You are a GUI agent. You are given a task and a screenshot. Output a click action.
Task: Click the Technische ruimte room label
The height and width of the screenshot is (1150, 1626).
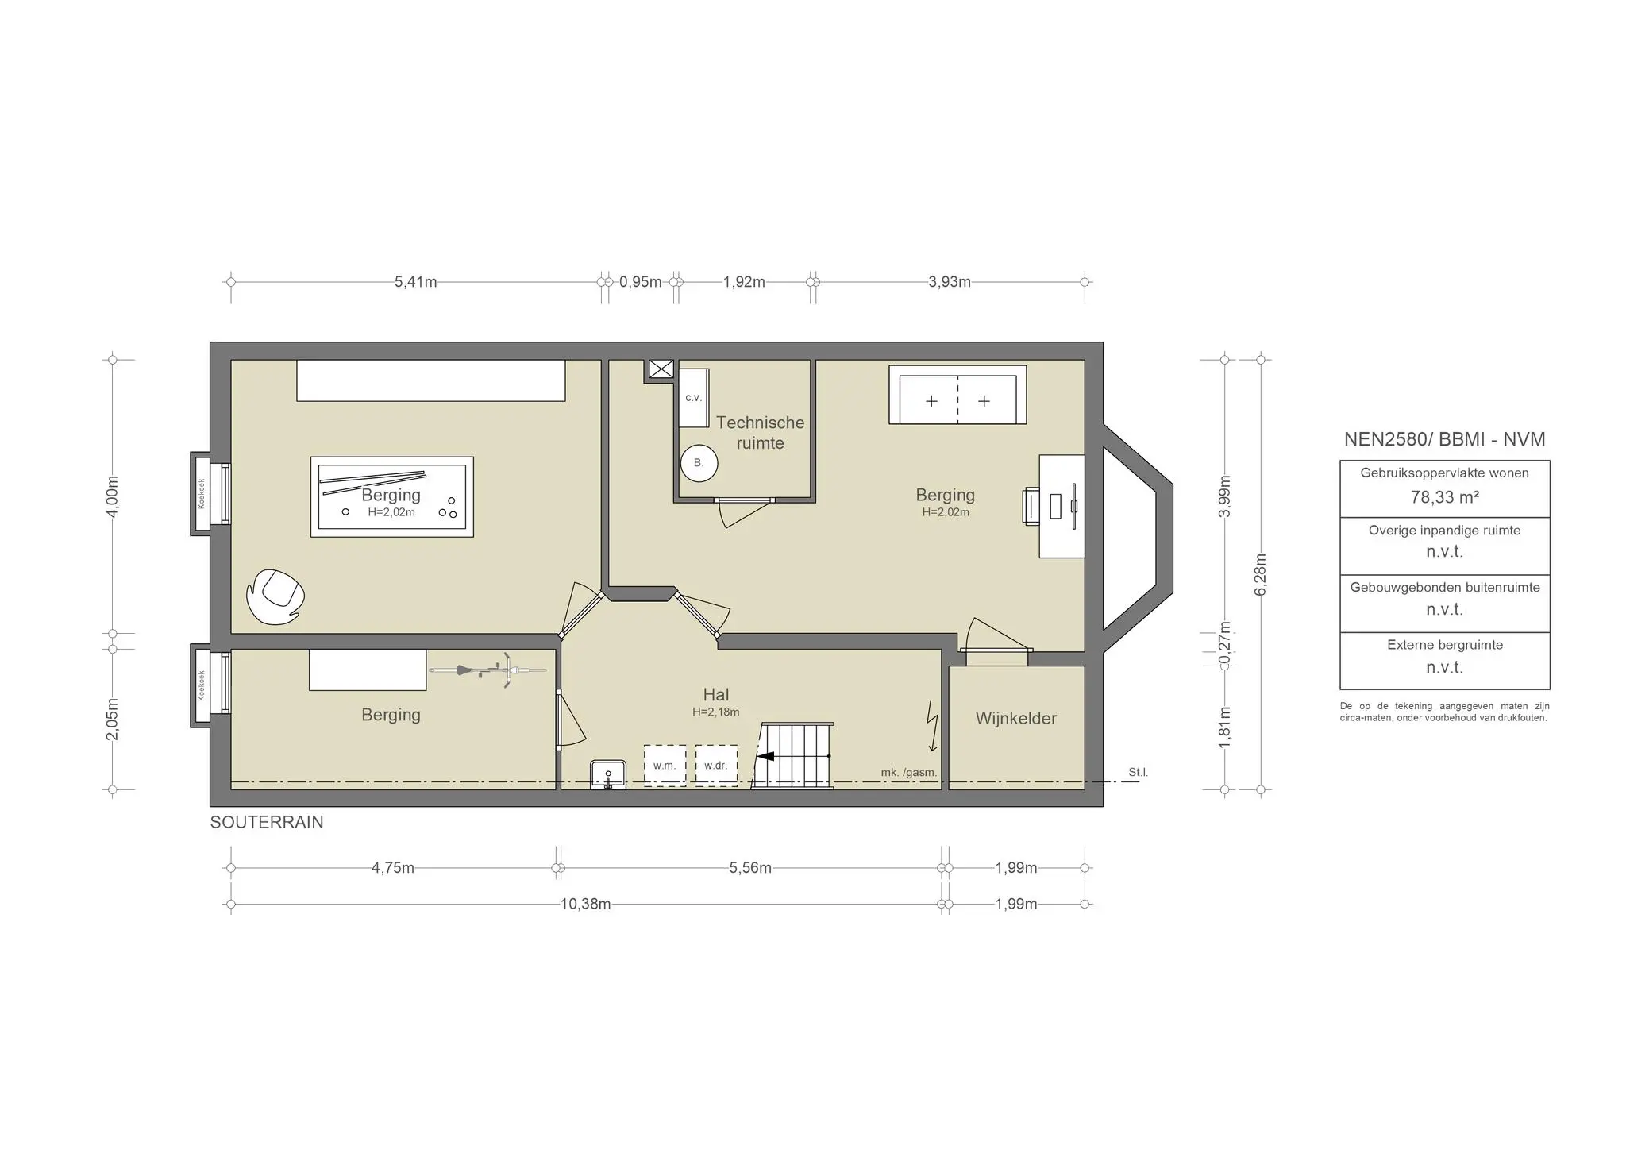tap(760, 433)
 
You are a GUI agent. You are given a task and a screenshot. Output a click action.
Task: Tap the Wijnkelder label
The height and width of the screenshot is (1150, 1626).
tap(1015, 718)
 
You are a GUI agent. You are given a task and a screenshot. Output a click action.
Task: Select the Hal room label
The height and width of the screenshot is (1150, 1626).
tap(715, 695)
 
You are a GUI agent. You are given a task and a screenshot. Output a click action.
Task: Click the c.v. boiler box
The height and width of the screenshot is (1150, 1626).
tap(693, 398)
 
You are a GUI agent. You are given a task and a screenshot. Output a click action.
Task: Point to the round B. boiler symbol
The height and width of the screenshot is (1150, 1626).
tap(699, 462)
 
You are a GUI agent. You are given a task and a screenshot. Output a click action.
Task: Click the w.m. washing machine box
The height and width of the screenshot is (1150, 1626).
tap(665, 766)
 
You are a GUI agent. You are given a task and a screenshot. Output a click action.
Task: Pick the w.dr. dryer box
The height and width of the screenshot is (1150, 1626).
tap(715, 766)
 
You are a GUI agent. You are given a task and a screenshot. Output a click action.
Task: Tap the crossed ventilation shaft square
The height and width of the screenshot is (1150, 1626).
tap(661, 369)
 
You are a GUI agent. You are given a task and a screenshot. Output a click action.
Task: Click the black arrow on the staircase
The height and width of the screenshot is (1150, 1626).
tap(765, 756)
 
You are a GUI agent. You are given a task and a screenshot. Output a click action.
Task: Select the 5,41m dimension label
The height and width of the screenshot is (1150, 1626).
tap(415, 282)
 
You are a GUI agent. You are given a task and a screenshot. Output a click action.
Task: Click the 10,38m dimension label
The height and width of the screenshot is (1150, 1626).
tap(585, 904)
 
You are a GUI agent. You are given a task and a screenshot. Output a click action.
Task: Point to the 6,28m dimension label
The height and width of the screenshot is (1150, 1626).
tap(1261, 573)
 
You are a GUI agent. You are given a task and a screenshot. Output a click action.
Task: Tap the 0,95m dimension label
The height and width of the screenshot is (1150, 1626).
tap(640, 282)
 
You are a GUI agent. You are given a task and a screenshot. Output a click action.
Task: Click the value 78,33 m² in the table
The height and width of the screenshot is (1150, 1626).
tap(1444, 497)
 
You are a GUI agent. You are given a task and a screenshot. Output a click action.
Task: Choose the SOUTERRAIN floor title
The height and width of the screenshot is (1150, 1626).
tap(267, 822)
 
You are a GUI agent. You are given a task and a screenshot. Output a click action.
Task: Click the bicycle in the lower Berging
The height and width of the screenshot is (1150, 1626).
tap(488, 670)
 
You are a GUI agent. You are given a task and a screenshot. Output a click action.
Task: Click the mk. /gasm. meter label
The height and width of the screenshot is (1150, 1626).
tap(908, 772)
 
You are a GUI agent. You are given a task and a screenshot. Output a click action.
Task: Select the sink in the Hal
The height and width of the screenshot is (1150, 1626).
tap(608, 774)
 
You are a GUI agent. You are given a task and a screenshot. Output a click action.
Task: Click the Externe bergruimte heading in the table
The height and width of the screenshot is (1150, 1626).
tap(1444, 645)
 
